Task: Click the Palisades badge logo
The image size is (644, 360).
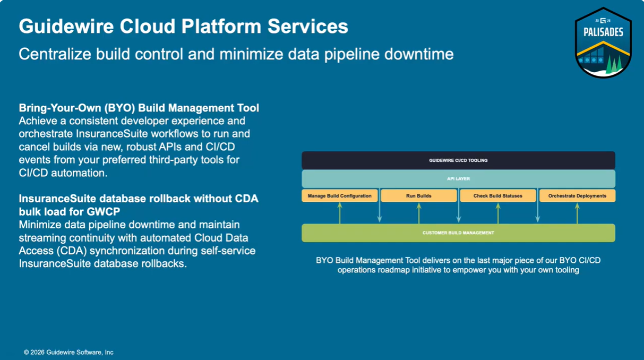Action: (603, 42)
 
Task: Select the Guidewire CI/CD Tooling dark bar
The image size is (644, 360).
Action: (458, 160)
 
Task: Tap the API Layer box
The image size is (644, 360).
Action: (458, 179)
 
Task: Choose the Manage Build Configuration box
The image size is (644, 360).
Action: (340, 196)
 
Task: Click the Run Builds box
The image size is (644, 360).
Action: (419, 196)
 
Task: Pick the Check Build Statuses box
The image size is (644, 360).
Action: (498, 196)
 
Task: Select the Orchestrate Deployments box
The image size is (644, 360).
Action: (577, 196)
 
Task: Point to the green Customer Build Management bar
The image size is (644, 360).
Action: (458, 233)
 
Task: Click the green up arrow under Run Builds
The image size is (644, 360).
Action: (419, 213)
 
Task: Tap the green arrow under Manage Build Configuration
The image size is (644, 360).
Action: (340, 213)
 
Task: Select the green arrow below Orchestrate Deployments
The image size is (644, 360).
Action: (577, 213)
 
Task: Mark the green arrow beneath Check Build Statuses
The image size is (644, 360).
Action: (498, 213)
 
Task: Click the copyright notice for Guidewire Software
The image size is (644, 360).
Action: (68, 352)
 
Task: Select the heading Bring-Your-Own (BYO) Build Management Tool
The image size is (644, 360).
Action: (139, 108)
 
